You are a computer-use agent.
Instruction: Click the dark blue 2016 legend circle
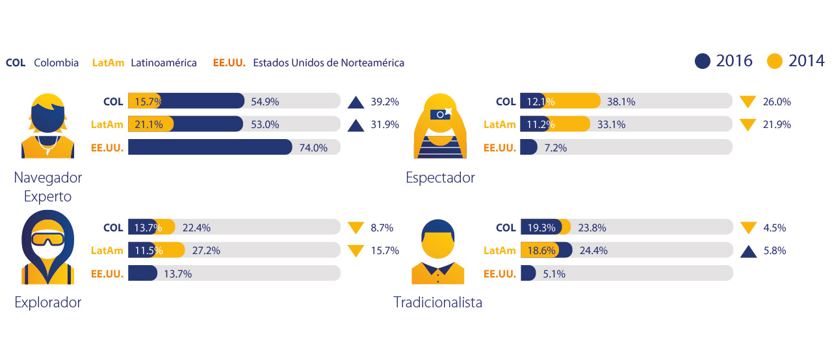click(x=703, y=61)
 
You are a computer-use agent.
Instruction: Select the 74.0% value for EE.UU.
click(x=313, y=148)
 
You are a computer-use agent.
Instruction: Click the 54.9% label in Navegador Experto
click(x=265, y=101)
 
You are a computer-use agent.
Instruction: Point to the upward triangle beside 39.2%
click(x=356, y=102)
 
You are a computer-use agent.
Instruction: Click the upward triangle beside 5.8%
click(x=748, y=251)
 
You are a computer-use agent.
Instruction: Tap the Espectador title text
click(x=440, y=177)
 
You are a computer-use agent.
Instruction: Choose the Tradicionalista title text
click(x=438, y=302)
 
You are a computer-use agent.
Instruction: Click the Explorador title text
click(x=47, y=302)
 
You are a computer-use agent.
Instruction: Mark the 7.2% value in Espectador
click(x=556, y=148)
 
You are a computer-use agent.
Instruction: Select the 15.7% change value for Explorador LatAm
click(x=383, y=251)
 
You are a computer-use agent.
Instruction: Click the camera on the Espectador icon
click(x=441, y=113)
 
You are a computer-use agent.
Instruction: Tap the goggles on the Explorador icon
click(x=47, y=240)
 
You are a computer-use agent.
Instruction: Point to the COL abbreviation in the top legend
click(x=16, y=63)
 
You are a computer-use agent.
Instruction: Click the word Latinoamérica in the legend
click(x=164, y=63)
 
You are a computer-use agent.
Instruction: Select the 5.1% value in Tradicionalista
click(x=554, y=274)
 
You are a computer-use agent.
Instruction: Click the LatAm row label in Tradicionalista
click(x=500, y=251)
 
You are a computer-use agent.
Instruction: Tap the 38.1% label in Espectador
click(x=621, y=101)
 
